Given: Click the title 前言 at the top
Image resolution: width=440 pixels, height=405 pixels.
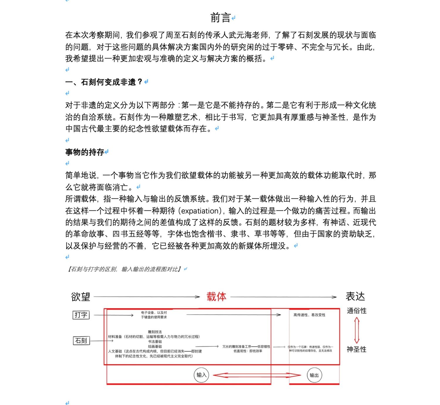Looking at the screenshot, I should (220, 18).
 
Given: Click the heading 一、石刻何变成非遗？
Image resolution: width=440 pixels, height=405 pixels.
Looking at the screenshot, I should (104, 82).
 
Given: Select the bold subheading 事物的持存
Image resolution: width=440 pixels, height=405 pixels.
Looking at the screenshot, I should (85, 152).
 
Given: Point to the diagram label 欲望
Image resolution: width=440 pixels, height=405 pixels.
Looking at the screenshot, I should (80, 297).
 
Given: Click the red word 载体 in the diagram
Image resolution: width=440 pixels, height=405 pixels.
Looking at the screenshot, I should (216, 297).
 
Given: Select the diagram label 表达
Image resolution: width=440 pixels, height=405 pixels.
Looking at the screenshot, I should (355, 296).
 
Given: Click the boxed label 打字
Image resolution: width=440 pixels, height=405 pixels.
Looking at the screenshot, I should (81, 315).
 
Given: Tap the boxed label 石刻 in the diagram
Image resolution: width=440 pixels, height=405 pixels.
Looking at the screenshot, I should (81, 341).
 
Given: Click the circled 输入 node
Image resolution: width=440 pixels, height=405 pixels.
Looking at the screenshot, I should (201, 375).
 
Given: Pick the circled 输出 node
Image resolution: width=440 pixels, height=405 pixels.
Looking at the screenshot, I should (314, 375).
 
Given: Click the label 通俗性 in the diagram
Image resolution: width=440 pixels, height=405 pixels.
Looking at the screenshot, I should (356, 311).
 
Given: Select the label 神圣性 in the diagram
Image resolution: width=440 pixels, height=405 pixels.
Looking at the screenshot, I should (356, 349).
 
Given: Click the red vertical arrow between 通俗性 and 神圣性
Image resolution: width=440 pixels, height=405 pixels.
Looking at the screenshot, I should (357, 330).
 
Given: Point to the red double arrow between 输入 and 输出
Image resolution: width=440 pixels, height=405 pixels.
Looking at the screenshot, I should (257, 375).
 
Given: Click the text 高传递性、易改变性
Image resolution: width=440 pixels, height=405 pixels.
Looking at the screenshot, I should (309, 315).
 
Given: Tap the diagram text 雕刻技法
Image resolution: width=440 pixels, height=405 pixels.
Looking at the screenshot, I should (155, 332).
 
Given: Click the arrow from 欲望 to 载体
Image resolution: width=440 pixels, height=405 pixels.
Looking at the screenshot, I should (147, 297).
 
